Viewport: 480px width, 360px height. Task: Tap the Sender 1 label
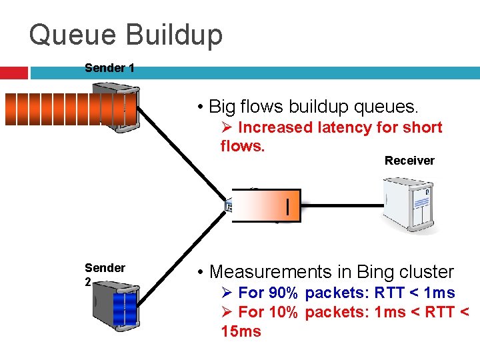pos(109,68)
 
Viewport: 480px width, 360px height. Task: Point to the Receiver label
pos(409,161)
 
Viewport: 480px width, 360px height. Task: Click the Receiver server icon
pos(408,204)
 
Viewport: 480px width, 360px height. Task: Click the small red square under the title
pos(13,73)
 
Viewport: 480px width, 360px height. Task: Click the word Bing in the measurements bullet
pos(375,272)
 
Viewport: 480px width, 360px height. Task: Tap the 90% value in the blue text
pos(283,293)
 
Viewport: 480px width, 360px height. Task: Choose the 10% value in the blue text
pos(283,312)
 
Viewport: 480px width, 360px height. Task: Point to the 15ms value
pos(241,331)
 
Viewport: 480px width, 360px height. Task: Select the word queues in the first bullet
pos(389,106)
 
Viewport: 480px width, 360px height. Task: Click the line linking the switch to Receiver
pos(341,205)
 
